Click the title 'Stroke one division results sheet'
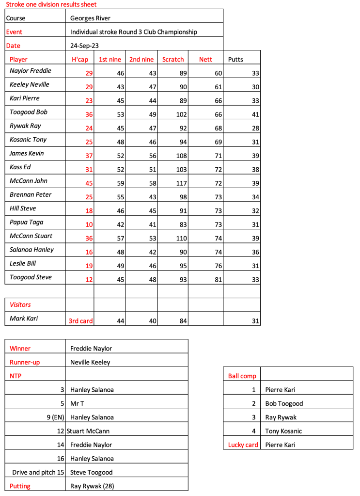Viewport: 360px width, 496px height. point(51,4)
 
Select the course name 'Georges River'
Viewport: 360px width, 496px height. point(90,18)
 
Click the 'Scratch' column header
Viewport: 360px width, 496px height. point(173,60)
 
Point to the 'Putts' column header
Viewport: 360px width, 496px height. point(235,60)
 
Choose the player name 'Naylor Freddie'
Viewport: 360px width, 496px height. point(31,71)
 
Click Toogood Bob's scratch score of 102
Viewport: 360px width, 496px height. point(179,114)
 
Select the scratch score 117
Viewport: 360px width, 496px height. point(179,184)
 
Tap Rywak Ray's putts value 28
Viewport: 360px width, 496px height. point(255,128)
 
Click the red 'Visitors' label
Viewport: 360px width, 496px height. point(20,304)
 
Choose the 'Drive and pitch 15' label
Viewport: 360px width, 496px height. point(38,472)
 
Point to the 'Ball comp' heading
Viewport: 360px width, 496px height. point(242,376)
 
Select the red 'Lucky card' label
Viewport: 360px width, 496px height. point(243,445)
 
